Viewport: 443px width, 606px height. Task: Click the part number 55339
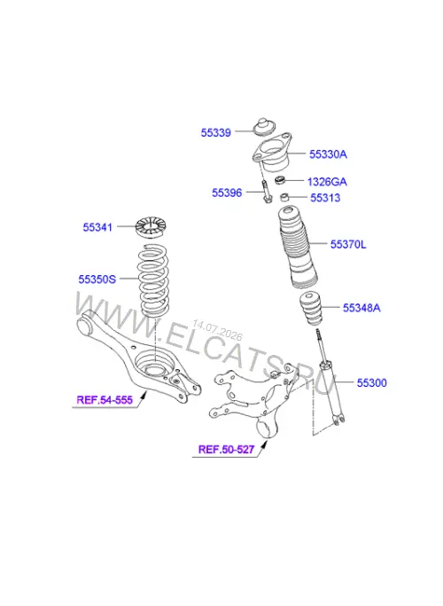coord(215,132)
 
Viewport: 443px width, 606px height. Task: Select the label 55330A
coord(328,154)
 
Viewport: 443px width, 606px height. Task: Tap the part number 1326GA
coord(327,182)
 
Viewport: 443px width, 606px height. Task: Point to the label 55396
coord(227,193)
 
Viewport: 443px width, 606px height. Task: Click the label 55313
coord(325,198)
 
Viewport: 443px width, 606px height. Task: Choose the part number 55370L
coord(348,244)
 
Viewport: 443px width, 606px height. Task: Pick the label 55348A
coord(361,308)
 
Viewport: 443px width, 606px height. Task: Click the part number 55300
coord(371,383)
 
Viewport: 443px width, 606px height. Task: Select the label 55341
coord(97,227)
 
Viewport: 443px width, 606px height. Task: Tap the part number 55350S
coord(97,279)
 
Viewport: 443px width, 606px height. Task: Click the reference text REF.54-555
coord(105,399)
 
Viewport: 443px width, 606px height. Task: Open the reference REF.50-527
coord(227,449)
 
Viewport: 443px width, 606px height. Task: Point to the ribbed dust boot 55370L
coord(298,248)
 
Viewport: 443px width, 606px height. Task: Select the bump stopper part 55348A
coord(311,310)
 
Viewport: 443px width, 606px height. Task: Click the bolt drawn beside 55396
coord(267,191)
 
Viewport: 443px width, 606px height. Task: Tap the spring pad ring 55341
coord(151,227)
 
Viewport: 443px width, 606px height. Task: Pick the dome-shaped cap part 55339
coord(264,126)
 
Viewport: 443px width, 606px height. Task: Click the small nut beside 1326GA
coord(279,180)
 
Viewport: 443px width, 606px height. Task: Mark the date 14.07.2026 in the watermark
coord(217,330)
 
